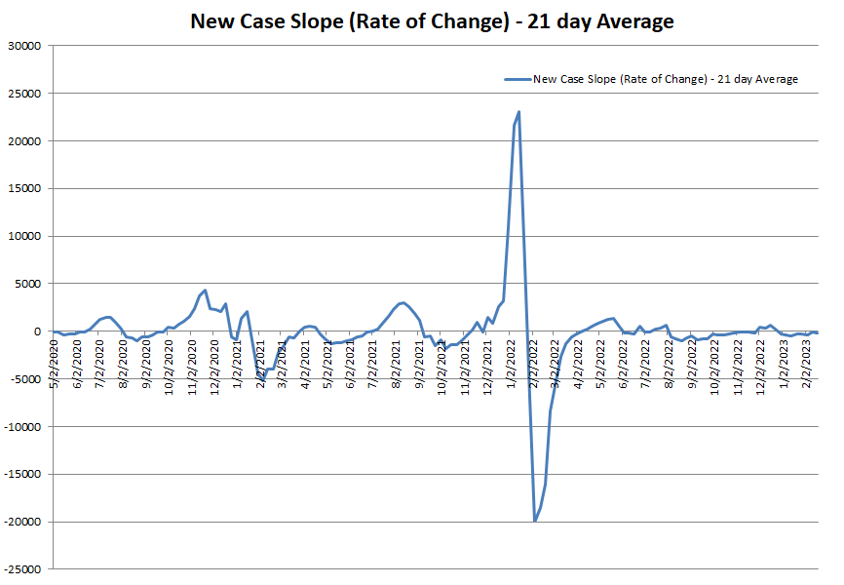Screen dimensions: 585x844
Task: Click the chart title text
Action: click(x=431, y=21)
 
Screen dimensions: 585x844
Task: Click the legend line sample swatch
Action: click(x=517, y=79)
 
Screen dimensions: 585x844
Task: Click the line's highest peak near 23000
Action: click(x=518, y=112)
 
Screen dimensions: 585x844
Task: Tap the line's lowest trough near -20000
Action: click(x=535, y=521)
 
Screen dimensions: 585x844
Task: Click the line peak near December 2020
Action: click(x=205, y=291)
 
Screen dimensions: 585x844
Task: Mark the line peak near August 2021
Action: click(x=403, y=302)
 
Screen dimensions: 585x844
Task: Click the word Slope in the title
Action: click(x=312, y=21)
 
